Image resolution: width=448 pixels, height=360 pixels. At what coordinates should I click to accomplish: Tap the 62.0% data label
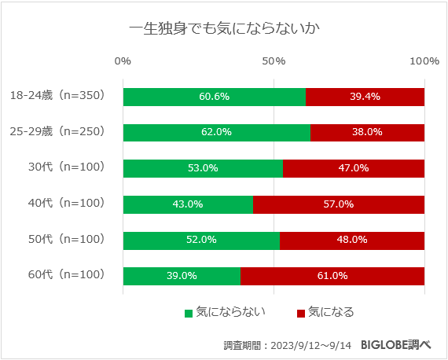pyautogui.click(x=216, y=132)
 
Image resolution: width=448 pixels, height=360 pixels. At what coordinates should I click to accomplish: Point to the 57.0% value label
pyautogui.click(x=339, y=204)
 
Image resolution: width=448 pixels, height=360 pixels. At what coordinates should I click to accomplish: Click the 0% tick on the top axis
pyautogui.click(x=123, y=61)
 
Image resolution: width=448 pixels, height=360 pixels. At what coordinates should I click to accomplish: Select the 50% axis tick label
pyautogui.click(x=274, y=61)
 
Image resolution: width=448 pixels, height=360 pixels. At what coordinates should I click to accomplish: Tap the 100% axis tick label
pyautogui.click(x=424, y=61)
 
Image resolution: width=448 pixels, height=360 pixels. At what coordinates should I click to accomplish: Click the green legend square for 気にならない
pyautogui.click(x=189, y=313)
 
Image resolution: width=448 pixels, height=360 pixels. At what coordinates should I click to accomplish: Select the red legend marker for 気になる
pyautogui.click(x=300, y=313)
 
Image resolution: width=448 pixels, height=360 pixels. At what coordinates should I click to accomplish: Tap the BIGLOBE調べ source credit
pyautogui.click(x=396, y=344)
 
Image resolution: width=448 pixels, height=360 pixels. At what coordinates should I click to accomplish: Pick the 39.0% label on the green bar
pyautogui.click(x=182, y=276)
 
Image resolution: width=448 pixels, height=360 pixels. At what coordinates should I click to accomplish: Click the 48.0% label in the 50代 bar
pyautogui.click(x=352, y=240)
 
